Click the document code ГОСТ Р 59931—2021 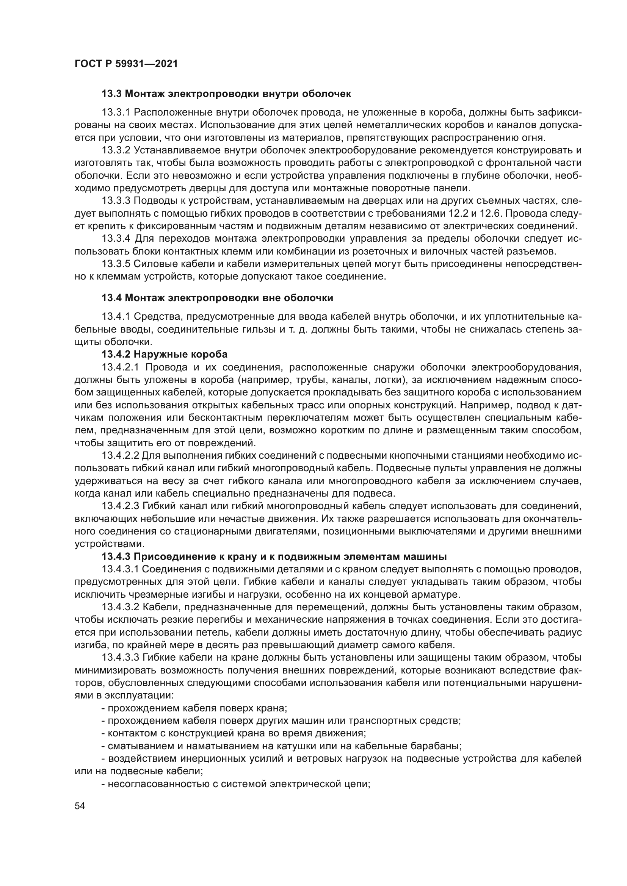(126, 64)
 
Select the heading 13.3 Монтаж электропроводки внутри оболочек (226, 94)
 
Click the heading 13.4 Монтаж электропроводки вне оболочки (217, 298)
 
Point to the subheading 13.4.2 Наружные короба (165, 354)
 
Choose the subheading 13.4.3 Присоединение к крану (274, 557)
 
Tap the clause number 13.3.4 (116, 239)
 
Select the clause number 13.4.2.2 (120, 456)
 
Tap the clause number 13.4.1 (116, 317)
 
